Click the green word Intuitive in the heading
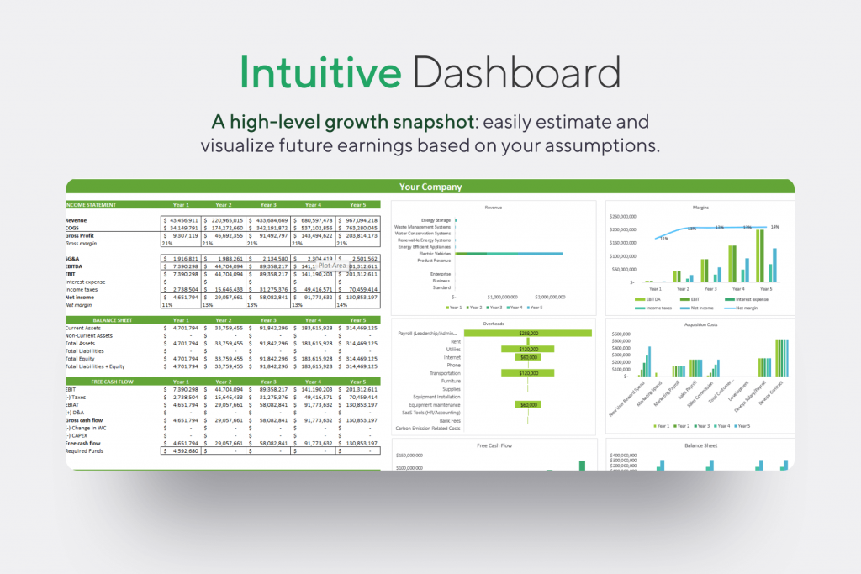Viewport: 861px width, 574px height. (x=320, y=74)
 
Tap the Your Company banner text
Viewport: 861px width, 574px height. (x=430, y=187)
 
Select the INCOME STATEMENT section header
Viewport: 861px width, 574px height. (x=92, y=204)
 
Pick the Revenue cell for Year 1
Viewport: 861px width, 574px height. (x=180, y=219)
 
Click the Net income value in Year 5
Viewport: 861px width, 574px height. (x=358, y=298)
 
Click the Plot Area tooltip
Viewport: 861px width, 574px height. (x=333, y=266)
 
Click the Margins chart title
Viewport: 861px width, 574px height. (x=699, y=206)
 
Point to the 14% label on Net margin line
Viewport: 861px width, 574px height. (x=774, y=226)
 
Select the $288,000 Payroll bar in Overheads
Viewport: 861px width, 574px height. (x=528, y=333)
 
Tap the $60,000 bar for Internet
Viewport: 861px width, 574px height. (x=528, y=356)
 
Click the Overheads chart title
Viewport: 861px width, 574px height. (x=494, y=323)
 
